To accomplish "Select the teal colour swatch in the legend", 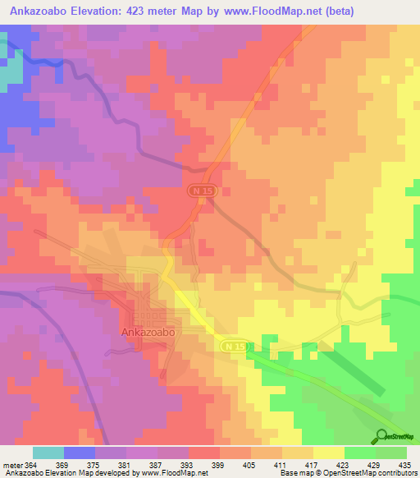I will [48, 453].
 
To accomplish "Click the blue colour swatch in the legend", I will [80, 453].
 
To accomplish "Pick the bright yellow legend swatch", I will [329, 453].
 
